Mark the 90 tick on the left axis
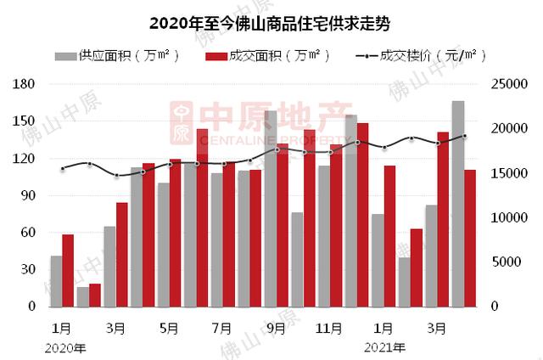tap(26, 195)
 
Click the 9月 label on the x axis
tap(275, 327)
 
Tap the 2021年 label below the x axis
tap(384, 346)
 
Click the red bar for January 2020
tap(68, 270)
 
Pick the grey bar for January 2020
tap(56, 280)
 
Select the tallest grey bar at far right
tap(457, 204)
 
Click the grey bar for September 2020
tap(271, 208)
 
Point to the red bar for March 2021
tap(442, 219)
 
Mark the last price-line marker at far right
tap(464, 136)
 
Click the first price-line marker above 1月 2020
tap(62, 168)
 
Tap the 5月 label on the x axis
tap(168, 327)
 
